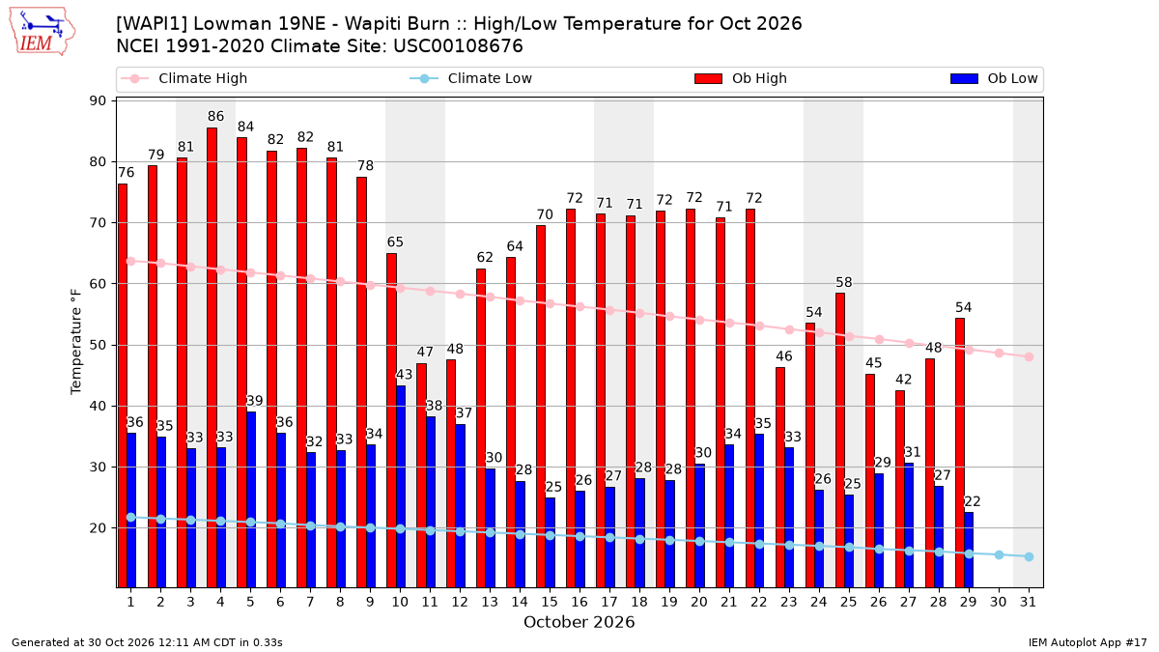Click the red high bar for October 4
click(212, 357)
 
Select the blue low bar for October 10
click(401, 487)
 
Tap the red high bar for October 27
click(900, 489)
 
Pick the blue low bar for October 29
click(969, 550)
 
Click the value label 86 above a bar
click(215, 117)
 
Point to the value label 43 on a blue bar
click(404, 374)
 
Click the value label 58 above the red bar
click(844, 282)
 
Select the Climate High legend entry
click(184, 78)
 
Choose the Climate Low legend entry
click(471, 78)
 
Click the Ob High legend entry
click(741, 78)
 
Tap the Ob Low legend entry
click(994, 78)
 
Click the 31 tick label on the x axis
click(1028, 602)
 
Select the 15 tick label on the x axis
click(550, 602)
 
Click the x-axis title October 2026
click(579, 622)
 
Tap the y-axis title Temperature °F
click(76, 342)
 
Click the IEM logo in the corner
click(42, 32)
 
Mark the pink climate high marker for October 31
click(1030, 357)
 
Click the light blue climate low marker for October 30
click(999, 555)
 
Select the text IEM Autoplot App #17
click(1088, 642)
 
